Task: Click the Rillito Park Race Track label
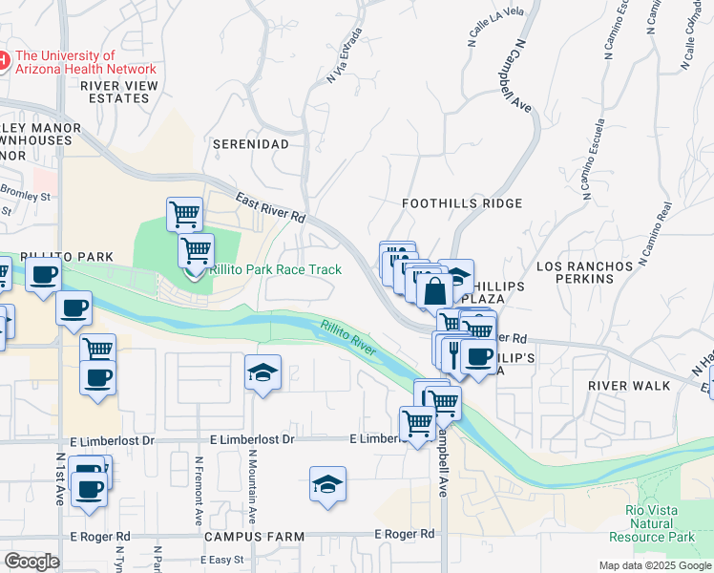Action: (275, 269)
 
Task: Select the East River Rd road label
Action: (270, 208)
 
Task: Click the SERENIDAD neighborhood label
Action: (250, 143)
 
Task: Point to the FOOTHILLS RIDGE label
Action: (462, 203)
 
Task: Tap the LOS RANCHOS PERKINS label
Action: (585, 271)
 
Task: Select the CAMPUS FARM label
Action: (253, 537)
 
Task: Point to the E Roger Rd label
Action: (404, 534)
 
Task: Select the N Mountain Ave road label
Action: (252, 487)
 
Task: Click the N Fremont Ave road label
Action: (199, 489)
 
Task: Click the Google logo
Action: (31, 561)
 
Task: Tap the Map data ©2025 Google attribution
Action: (655, 565)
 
